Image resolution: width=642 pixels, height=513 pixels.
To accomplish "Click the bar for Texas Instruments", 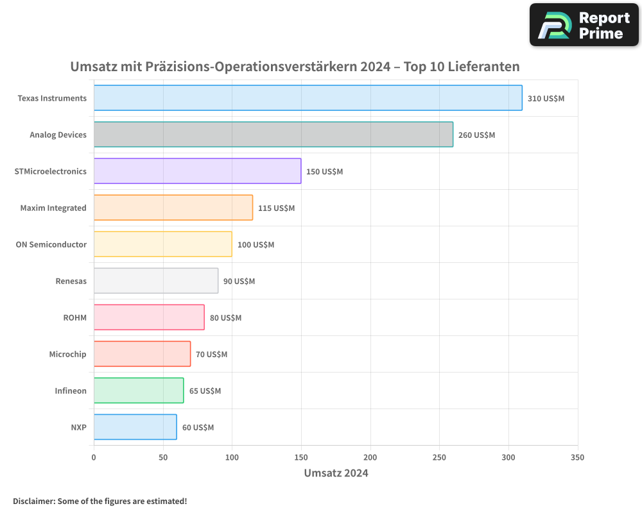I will point(308,98).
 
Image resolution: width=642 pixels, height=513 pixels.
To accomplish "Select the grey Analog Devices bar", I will point(273,135).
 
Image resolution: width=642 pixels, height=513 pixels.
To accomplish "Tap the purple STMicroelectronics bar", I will point(197,171).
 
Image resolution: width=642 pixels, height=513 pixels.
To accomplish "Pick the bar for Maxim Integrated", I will point(173,208).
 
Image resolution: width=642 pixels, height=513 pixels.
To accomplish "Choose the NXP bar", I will point(135,427).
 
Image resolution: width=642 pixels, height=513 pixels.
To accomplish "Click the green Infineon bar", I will point(138,391).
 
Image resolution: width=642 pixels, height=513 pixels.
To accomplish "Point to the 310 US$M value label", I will point(546,99).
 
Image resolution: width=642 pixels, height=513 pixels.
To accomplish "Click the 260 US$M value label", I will point(476,135).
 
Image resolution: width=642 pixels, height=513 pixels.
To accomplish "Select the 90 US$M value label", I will point(239,282).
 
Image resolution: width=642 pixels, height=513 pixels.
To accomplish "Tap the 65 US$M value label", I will point(205,391).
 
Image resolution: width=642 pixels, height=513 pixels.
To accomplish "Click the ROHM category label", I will point(74,318).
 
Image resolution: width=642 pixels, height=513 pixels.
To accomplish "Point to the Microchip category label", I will point(67,355).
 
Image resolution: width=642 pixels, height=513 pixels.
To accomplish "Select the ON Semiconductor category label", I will point(51,245).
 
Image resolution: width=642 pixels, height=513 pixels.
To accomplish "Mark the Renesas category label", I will point(71,282).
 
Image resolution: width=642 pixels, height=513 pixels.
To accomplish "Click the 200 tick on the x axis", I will point(370,457).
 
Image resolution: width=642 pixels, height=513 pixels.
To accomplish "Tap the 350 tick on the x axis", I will point(577,457).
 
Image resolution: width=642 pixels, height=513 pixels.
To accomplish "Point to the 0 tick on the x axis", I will point(94,457).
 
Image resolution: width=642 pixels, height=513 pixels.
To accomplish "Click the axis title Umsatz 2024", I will point(336,473).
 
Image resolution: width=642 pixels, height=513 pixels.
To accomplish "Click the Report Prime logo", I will point(584,25).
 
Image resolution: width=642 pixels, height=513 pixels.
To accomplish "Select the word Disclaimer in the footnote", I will point(33,501).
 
